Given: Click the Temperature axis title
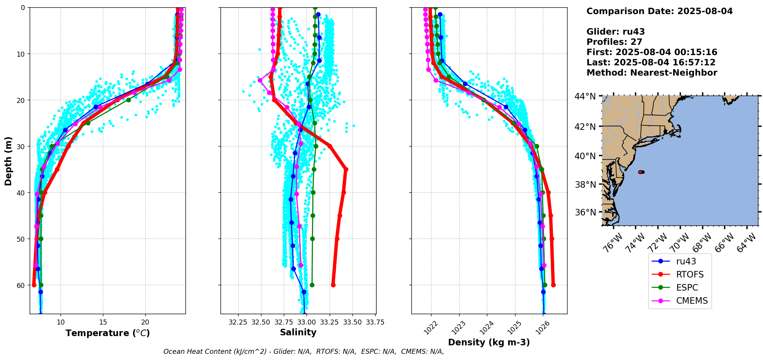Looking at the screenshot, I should [x=108, y=333].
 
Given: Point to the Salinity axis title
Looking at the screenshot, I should [x=298, y=332].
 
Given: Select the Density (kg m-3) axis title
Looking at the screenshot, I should [x=489, y=342].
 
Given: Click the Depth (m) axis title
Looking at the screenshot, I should [x=8, y=161].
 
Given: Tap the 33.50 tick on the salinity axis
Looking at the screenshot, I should [x=352, y=322].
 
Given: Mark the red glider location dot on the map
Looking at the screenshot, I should [x=640, y=172].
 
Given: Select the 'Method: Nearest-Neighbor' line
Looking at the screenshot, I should [x=652, y=73].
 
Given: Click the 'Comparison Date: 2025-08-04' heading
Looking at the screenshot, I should [x=659, y=11].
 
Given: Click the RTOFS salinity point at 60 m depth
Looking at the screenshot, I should [x=333, y=285].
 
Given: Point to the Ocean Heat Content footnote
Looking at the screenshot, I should [x=303, y=352].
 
